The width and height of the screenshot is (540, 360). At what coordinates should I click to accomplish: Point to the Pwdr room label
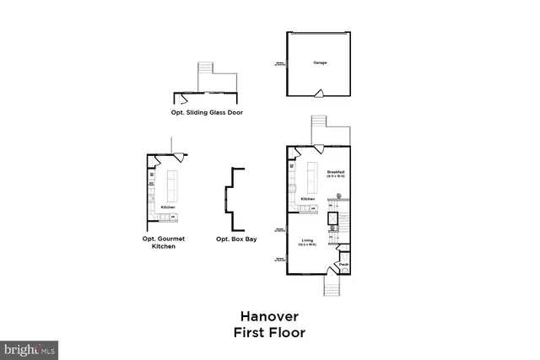(344, 264)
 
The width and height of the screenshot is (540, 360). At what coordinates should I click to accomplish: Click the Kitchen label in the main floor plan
(307, 199)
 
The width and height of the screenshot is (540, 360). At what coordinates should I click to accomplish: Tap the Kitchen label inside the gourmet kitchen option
(169, 206)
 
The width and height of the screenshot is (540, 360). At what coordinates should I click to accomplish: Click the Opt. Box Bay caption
(236, 239)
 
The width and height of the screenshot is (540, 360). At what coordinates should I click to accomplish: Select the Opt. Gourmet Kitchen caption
(164, 243)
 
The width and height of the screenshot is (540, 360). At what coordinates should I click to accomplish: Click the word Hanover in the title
(269, 316)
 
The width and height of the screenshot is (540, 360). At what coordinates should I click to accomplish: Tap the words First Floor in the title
(269, 332)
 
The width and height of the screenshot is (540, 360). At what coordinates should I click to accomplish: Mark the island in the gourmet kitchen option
(172, 183)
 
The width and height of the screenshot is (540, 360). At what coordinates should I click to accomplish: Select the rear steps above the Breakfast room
(318, 130)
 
